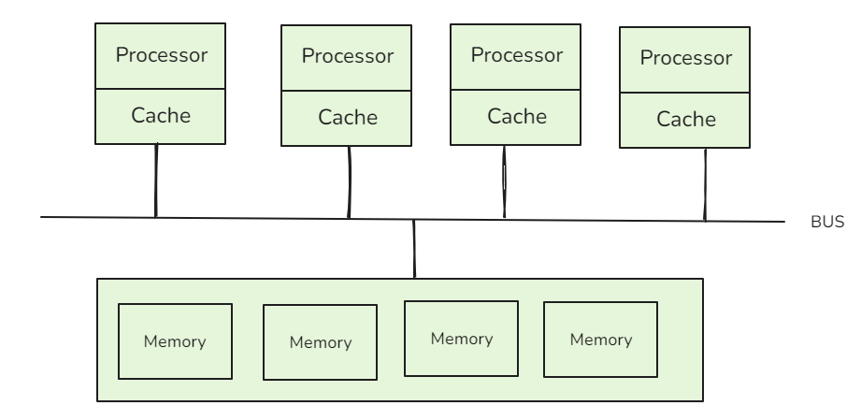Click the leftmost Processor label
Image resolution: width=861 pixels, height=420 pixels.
161,54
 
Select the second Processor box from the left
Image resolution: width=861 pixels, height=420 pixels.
347,56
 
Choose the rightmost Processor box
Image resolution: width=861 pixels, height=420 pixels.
685,58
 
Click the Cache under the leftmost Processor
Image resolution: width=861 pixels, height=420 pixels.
161,117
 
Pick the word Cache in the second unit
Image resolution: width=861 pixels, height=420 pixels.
347,119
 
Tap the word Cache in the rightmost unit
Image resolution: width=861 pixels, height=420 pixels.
685,120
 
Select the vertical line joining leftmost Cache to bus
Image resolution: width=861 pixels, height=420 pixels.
156,180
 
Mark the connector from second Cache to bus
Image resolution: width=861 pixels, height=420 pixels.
349,181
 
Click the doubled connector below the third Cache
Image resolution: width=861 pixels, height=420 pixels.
505,181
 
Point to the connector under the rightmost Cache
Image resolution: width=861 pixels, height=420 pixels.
705,184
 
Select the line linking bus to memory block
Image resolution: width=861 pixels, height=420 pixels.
414,250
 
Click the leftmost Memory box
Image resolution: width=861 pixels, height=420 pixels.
174,341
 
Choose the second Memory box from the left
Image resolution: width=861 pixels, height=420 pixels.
320,342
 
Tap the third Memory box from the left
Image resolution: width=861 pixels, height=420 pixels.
461,338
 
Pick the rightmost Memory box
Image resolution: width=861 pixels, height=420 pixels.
600,339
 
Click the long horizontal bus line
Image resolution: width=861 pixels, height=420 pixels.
280,219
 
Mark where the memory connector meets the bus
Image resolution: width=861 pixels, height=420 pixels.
414,221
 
